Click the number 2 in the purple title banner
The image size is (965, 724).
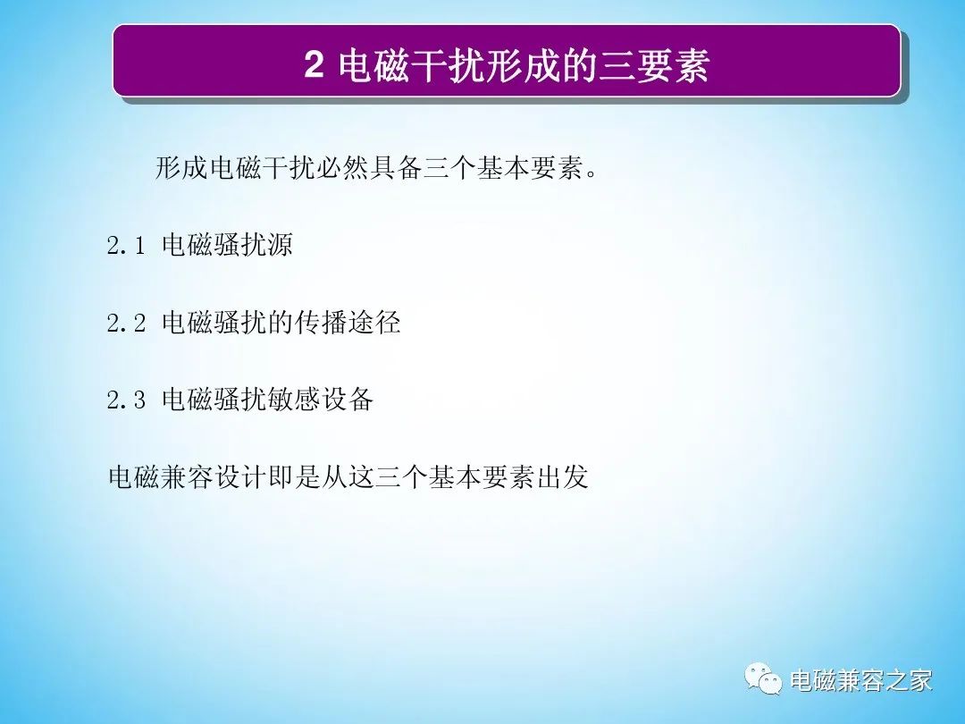(x=314, y=64)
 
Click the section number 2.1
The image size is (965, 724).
(x=126, y=246)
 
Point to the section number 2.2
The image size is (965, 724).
(x=126, y=324)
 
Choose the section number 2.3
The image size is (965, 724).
(x=126, y=400)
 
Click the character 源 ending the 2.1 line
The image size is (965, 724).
(x=281, y=245)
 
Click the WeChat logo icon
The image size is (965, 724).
(x=762, y=678)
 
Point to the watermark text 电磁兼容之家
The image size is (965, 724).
(x=861, y=680)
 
